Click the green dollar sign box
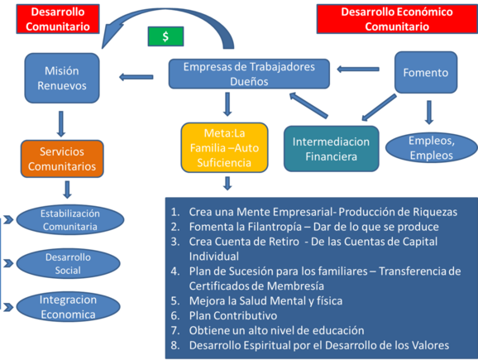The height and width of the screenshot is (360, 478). pyautogui.click(x=165, y=36)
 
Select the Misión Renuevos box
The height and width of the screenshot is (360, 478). pyautogui.click(x=62, y=78)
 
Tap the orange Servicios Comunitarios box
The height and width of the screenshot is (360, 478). pyautogui.click(x=62, y=159)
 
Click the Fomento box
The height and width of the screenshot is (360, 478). pyautogui.click(x=426, y=72)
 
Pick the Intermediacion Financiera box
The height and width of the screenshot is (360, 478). pyautogui.click(x=332, y=149)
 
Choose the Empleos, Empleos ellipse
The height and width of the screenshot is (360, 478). pyautogui.click(x=432, y=147)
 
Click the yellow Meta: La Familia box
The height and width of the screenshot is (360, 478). pyautogui.click(x=224, y=147)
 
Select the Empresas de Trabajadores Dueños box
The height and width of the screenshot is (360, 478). pyautogui.click(x=249, y=74)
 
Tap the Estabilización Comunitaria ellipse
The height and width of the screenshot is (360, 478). pyautogui.click(x=70, y=219)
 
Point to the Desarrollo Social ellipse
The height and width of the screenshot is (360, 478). pyautogui.click(x=68, y=264)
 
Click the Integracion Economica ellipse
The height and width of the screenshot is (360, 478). pyautogui.click(x=68, y=307)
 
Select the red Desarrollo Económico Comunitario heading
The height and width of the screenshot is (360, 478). pyautogui.click(x=397, y=19)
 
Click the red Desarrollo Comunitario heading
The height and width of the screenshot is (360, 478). pyautogui.click(x=58, y=19)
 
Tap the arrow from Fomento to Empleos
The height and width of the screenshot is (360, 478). pyautogui.click(x=429, y=113)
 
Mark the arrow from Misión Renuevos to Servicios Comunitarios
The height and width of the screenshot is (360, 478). pyautogui.click(x=61, y=124)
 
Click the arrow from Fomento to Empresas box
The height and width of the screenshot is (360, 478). pyautogui.click(x=358, y=70)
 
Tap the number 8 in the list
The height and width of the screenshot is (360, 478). pyautogui.click(x=175, y=345)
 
